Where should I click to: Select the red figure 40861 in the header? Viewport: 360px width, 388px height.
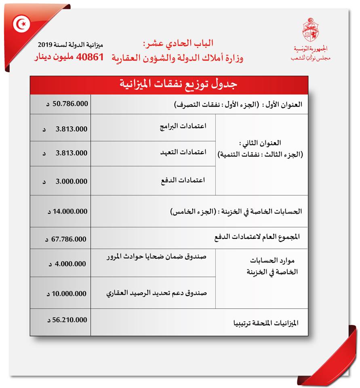(90, 57)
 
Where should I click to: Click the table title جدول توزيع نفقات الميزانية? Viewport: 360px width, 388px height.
(179, 84)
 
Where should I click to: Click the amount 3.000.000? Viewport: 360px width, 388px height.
(71, 181)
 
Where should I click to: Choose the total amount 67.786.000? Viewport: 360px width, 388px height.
(69, 239)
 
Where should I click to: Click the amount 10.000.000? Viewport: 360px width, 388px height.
(69, 293)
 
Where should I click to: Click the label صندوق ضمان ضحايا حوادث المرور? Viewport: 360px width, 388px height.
(157, 257)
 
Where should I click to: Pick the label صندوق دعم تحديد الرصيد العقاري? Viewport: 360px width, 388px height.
(156, 293)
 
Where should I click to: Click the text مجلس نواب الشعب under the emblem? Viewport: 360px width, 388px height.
(310, 57)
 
